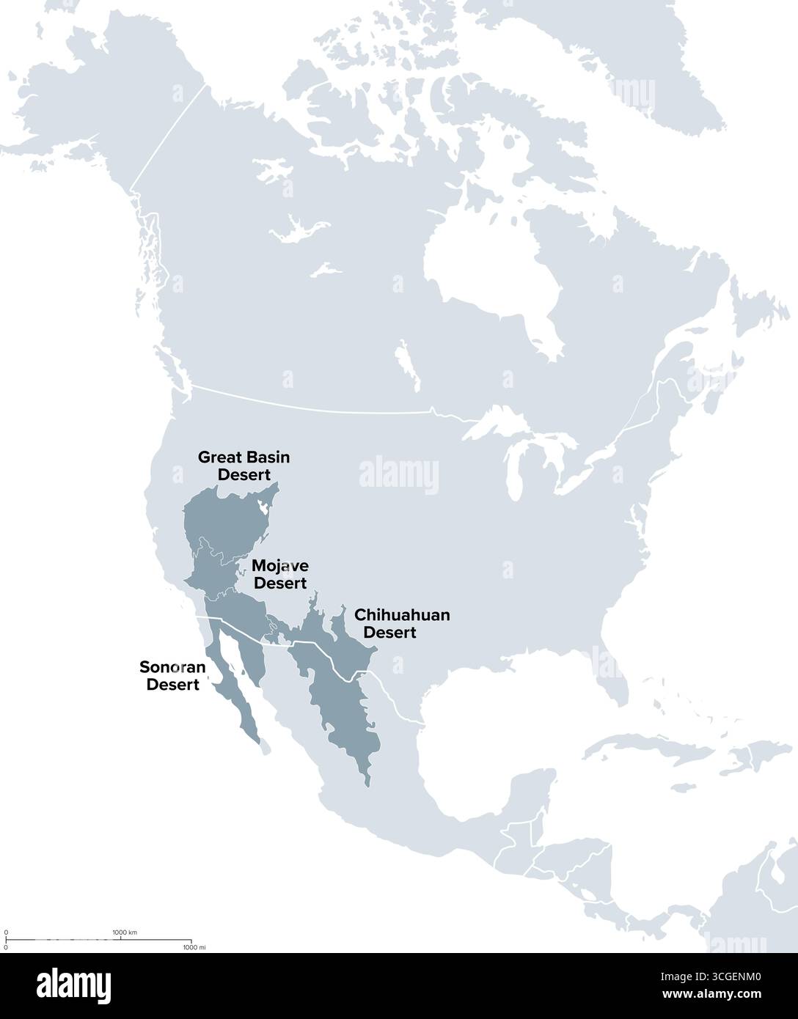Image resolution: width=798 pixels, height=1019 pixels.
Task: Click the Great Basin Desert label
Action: point(244,466)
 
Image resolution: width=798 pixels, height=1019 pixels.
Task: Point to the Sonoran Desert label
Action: point(173,676)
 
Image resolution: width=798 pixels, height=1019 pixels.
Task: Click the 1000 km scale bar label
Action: point(125,932)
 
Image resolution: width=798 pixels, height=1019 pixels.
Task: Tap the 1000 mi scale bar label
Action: point(194,948)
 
